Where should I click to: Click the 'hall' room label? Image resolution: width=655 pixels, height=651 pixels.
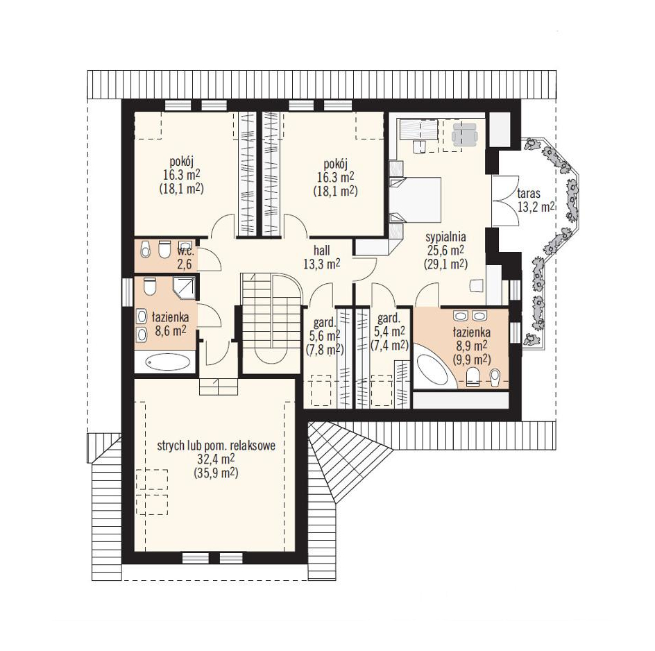click(x=322, y=251)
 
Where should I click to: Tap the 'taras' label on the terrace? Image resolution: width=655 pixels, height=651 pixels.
click(x=529, y=194)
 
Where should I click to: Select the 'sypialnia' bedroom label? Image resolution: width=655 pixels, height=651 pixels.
click(x=445, y=237)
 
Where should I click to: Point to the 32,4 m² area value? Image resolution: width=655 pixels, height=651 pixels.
click(x=216, y=459)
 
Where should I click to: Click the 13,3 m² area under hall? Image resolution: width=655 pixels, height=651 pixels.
click(x=322, y=264)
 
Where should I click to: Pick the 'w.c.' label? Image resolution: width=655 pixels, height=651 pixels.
click(x=185, y=251)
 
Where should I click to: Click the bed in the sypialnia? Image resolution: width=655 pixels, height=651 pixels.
click(x=415, y=199)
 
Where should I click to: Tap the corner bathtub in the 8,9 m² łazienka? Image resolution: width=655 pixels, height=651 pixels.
click(x=433, y=371)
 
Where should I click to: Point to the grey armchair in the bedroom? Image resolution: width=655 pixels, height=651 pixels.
click(x=465, y=133)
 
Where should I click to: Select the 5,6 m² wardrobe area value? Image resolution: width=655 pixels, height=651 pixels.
click(x=325, y=335)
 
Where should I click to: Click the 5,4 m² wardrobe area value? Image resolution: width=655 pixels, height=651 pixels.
click(x=389, y=332)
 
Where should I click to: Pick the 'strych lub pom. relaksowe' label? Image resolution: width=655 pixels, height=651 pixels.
click(x=216, y=446)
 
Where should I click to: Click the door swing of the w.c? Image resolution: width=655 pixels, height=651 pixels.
click(x=210, y=259)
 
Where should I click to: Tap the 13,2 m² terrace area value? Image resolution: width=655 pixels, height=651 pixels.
click(x=536, y=207)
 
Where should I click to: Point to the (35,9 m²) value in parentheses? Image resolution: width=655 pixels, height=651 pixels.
click(x=216, y=473)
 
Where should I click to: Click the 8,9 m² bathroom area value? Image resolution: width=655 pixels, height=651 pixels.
click(x=470, y=346)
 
